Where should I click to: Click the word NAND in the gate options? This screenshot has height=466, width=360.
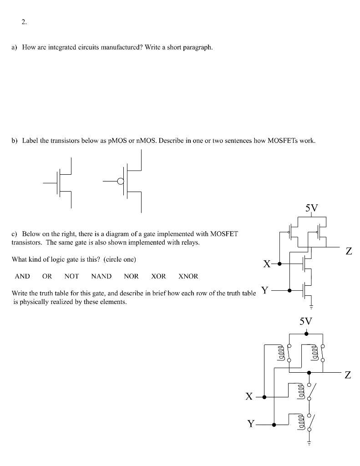pyautogui.click(x=101, y=276)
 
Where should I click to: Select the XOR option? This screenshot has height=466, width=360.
pyautogui.click(x=158, y=276)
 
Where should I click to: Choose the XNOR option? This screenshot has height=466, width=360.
pyautogui.click(x=188, y=276)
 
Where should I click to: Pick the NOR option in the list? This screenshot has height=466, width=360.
pyautogui.click(x=131, y=276)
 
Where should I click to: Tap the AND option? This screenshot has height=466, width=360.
pyautogui.click(x=22, y=276)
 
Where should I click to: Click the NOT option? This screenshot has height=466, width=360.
pyautogui.click(x=71, y=276)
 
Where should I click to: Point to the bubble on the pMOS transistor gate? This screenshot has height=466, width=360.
pyautogui.click(x=120, y=181)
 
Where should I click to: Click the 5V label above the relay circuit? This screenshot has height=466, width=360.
pyautogui.click(x=306, y=322)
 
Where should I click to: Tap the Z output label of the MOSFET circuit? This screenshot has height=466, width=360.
pyautogui.click(x=349, y=251)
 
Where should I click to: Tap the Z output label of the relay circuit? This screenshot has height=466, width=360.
pyautogui.click(x=348, y=375)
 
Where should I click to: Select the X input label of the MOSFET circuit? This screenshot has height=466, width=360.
pyautogui.click(x=267, y=263)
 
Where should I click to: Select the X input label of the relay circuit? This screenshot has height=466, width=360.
pyautogui.click(x=248, y=397)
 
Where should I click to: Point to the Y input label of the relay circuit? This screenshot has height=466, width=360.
pyautogui.click(x=250, y=425)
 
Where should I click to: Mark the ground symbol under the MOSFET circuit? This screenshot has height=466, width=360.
pyautogui.click(x=312, y=305)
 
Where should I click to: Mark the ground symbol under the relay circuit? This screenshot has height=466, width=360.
pyautogui.click(x=309, y=443)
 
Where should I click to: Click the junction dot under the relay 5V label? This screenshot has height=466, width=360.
pyautogui.click(x=306, y=334)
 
